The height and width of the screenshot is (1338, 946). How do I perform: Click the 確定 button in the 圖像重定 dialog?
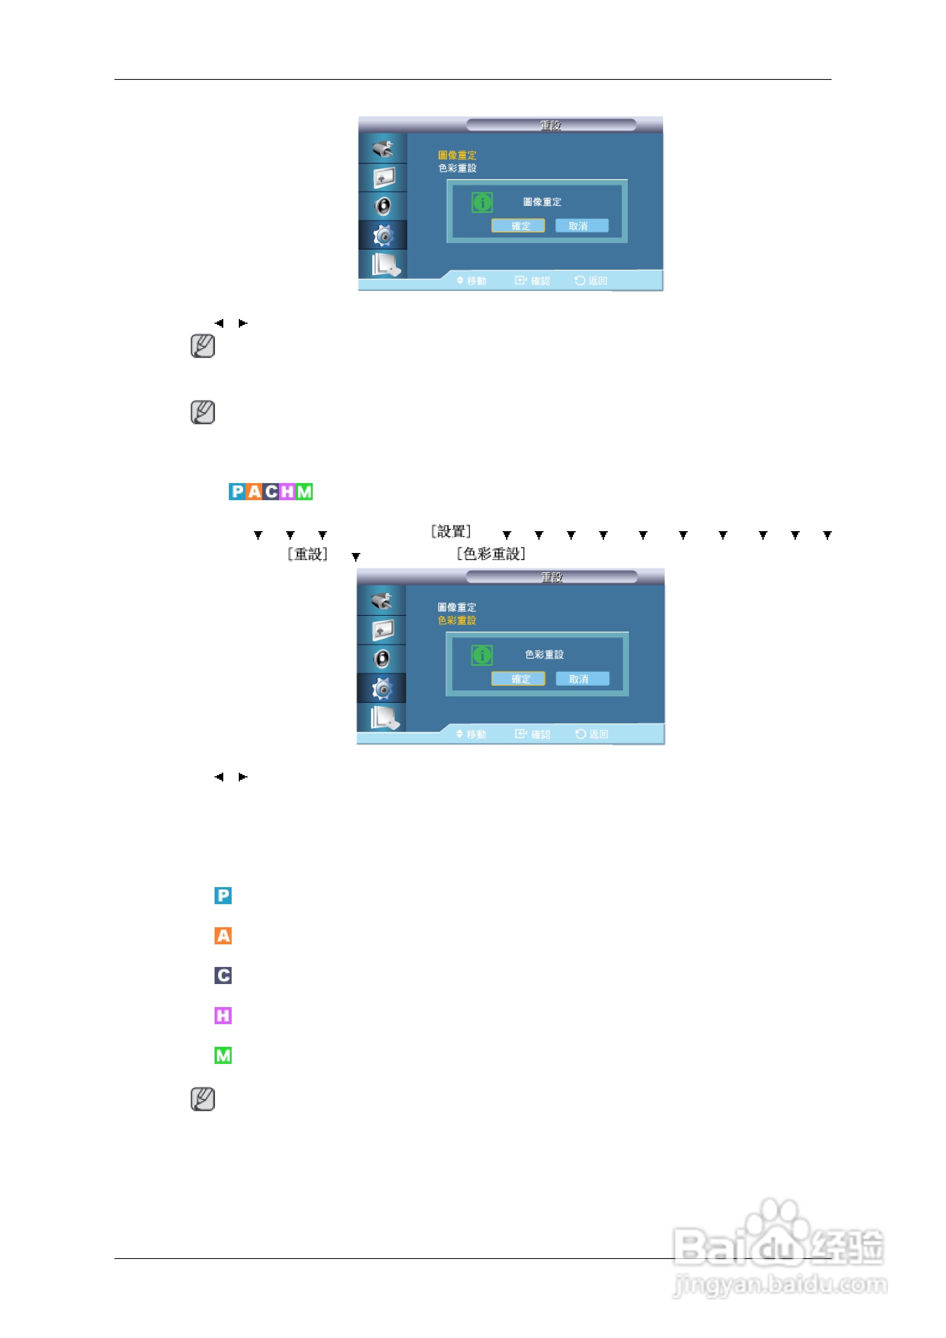pyautogui.click(x=518, y=226)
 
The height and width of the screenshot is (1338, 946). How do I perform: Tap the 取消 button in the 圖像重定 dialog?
pyautogui.click(x=581, y=226)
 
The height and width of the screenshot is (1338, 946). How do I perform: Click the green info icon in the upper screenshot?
pyautogui.click(x=482, y=202)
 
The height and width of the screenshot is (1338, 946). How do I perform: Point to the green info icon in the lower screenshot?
pyautogui.click(x=482, y=655)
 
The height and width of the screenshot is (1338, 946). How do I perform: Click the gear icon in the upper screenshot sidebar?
pyautogui.click(x=383, y=236)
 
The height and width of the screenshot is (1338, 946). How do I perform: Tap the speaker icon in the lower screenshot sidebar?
pyautogui.click(x=382, y=659)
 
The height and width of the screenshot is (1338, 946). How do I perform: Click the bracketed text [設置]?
pyautogui.click(x=451, y=532)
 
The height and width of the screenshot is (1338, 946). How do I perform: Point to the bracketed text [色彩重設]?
pyautogui.click(x=491, y=554)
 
